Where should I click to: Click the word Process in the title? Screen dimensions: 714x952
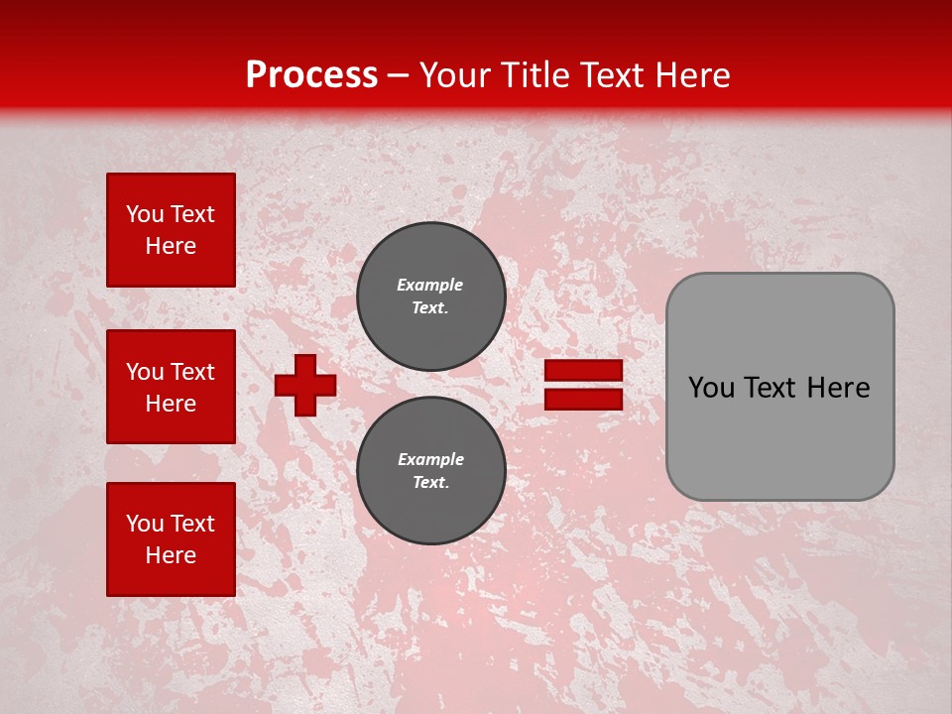click(311, 74)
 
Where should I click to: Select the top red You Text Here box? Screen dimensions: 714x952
click(171, 230)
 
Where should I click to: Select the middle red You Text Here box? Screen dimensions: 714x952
click(171, 387)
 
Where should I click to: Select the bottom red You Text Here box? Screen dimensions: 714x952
click(171, 538)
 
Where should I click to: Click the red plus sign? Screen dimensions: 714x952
click(305, 385)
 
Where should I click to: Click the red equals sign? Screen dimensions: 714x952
click(584, 385)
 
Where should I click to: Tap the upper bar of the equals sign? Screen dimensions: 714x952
click(584, 371)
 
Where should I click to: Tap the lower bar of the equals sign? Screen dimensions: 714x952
click(584, 399)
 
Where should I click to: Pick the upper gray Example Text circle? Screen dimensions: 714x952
click(431, 297)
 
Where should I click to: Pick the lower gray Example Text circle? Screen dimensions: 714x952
click(431, 471)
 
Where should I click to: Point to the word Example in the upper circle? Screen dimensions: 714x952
click(430, 285)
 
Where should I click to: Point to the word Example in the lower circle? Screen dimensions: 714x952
click(430, 459)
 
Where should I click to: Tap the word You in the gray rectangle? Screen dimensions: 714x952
click(712, 388)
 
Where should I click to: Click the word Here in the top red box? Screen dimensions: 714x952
click(171, 246)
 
